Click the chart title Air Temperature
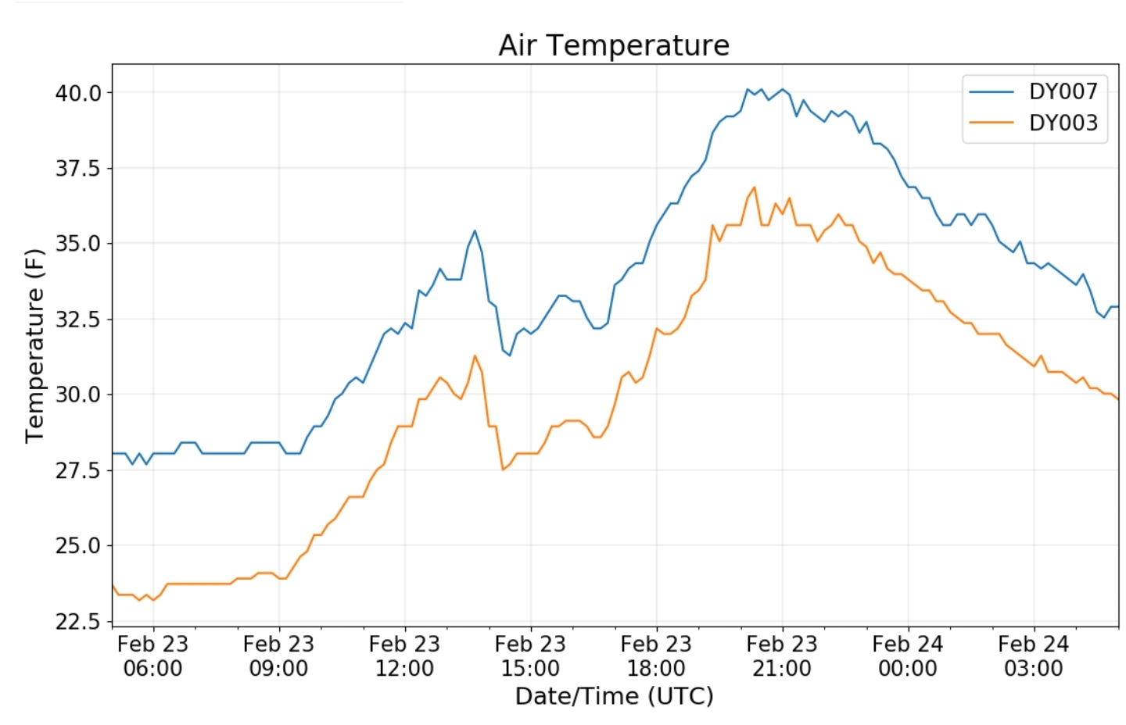click(x=614, y=45)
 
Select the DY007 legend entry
click(x=1063, y=91)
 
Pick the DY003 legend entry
click(x=1063, y=123)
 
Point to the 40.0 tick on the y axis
click(x=78, y=93)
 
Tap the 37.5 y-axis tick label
click(x=78, y=168)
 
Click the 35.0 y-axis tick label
click(x=78, y=244)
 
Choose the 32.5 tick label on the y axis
click(x=78, y=320)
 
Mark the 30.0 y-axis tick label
click(x=78, y=395)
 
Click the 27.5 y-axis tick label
click(x=78, y=470)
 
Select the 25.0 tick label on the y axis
click(x=78, y=545)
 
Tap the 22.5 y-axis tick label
click(x=78, y=621)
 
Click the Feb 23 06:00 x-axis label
click(x=152, y=656)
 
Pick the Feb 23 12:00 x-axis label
click(x=404, y=656)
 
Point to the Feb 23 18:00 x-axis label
click(x=656, y=656)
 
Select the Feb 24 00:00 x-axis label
click(x=908, y=656)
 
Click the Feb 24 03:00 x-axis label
click(x=1034, y=656)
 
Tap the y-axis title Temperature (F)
click(x=34, y=345)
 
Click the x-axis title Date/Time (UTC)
click(x=614, y=696)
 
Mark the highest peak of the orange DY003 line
click(x=754, y=187)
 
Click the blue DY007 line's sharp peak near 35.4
click(x=475, y=230)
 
